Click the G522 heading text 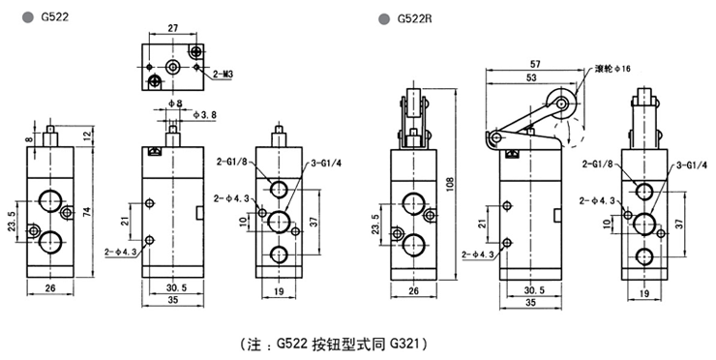pos(55,17)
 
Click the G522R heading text pos(415,18)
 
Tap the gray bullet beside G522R pos(384,19)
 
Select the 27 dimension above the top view pos(172,28)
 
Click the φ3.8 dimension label pos(204,114)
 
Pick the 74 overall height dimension pos(87,212)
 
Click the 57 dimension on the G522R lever pos(534,65)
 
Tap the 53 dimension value pos(531,77)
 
